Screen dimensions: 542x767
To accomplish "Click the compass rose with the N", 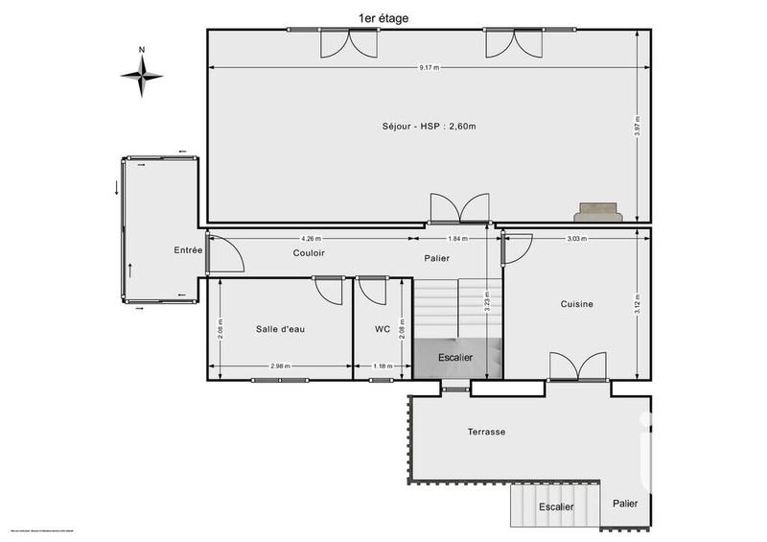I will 142,75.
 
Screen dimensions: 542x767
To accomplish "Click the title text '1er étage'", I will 383,17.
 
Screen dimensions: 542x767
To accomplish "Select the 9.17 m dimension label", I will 429,67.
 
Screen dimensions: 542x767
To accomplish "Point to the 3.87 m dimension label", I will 638,126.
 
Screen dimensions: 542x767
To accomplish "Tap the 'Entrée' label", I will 188,250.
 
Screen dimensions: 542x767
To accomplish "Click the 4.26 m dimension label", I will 311,238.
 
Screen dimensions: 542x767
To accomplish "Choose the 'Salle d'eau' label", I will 280,329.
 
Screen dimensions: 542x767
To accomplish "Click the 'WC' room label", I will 382,329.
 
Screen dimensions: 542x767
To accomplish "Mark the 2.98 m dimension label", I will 280,365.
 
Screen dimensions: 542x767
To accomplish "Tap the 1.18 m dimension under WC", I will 383,365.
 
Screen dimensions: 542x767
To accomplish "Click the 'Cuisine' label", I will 577,304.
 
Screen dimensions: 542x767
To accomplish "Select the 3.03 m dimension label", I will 577,238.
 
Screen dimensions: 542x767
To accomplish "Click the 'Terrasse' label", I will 487,432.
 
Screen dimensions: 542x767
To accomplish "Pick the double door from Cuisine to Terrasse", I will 577,366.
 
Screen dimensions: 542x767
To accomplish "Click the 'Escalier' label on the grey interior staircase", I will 455,357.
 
